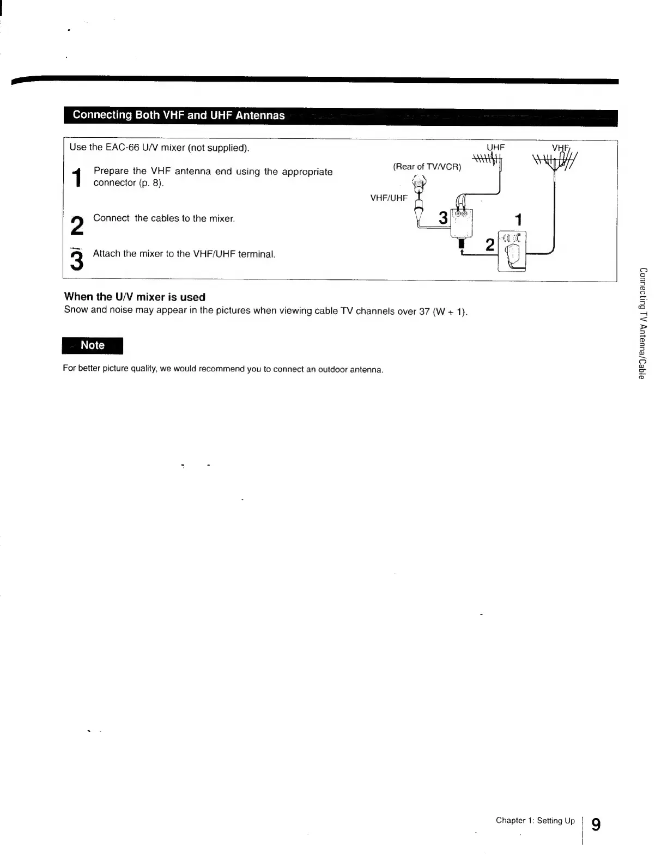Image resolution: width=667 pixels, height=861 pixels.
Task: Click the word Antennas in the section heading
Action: (x=260, y=115)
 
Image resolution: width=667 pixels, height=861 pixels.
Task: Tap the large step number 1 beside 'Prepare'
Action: (x=78, y=177)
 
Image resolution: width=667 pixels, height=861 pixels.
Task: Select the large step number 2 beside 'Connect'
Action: (x=77, y=226)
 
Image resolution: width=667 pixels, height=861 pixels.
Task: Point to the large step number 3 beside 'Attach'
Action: (x=77, y=260)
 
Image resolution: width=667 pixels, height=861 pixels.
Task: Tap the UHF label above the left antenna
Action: (x=496, y=147)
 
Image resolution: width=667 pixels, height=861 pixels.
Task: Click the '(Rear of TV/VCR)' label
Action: (x=427, y=167)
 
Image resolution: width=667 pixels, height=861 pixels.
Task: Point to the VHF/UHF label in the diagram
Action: (x=389, y=198)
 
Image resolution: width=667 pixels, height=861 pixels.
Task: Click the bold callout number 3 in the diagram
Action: (x=443, y=218)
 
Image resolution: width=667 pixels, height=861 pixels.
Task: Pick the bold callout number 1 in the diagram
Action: (x=518, y=220)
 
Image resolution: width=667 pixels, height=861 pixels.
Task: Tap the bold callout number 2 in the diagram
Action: (x=490, y=246)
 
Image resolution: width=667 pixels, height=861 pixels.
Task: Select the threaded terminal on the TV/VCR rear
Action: (x=419, y=184)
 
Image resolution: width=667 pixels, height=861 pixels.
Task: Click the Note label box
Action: (x=93, y=345)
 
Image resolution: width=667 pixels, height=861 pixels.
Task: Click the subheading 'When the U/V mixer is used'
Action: (x=135, y=297)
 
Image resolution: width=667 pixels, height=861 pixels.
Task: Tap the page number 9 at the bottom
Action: (x=596, y=824)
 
